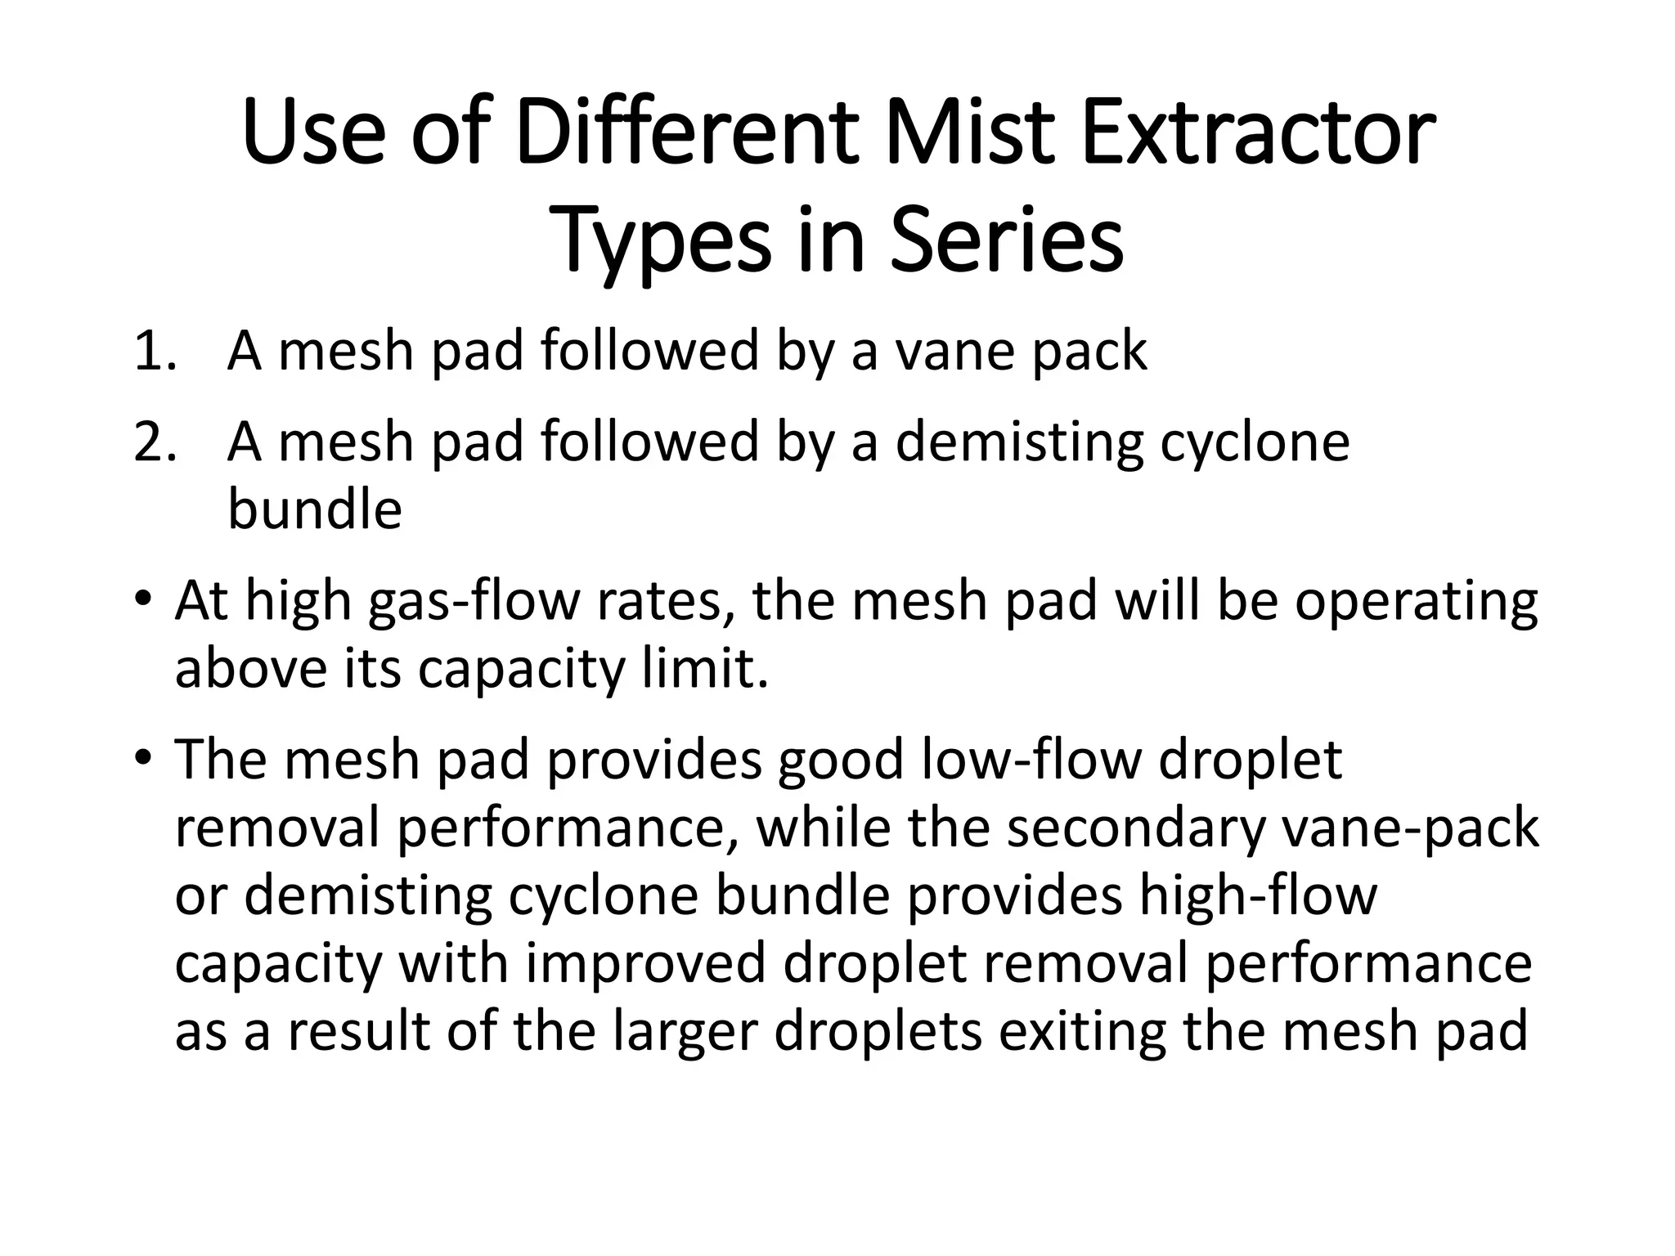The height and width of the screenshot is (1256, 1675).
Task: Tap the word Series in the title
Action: (x=1006, y=240)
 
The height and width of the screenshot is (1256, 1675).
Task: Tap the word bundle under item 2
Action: (x=314, y=509)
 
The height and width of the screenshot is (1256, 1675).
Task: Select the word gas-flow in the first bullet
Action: (x=474, y=603)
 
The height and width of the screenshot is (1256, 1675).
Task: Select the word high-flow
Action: (x=1258, y=896)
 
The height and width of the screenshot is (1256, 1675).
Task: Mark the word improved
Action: (x=645, y=964)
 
